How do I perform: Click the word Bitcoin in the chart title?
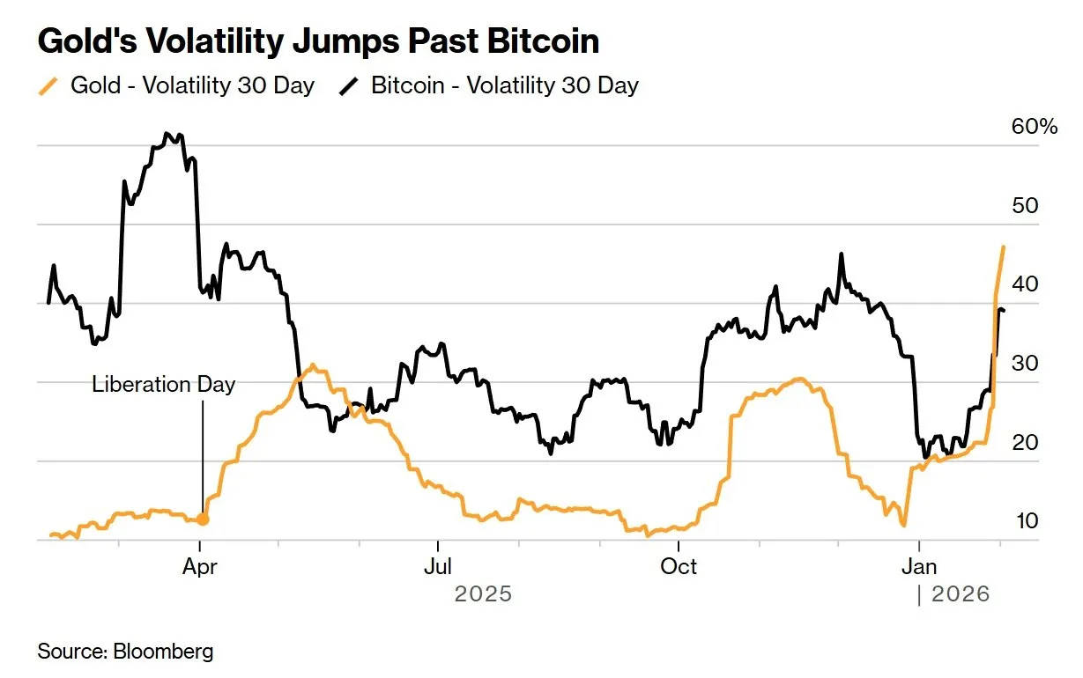pos(544,41)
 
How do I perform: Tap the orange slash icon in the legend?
pos(50,85)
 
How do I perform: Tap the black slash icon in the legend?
pos(351,85)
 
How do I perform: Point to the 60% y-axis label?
pos(1034,127)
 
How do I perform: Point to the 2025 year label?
pos(482,595)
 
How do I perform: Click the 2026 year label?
pos(961,595)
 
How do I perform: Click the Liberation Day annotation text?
pos(164,385)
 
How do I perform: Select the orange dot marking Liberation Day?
pos(203,520)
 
